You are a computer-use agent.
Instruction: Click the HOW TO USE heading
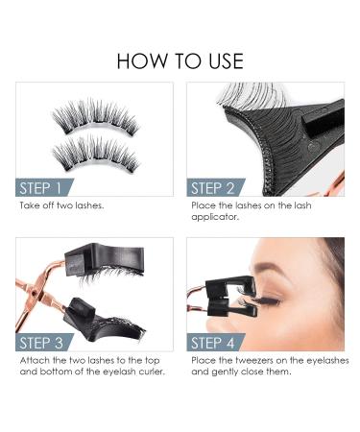(180, 60)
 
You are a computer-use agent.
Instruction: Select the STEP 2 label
(221, 187)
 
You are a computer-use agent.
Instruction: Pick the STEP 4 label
(222, 343)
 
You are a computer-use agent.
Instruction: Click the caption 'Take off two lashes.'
(60, 205)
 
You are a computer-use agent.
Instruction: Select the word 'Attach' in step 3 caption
(32, 360)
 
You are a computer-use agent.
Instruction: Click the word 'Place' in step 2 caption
(203, 205)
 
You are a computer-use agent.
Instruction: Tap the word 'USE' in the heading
(220, 60)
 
